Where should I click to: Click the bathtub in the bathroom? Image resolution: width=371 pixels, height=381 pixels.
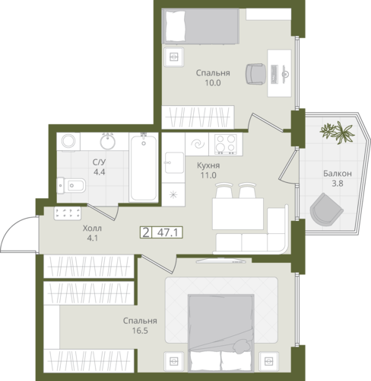tap(144, 168)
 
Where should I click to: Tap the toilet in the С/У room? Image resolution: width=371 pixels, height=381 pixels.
tap(71, 185)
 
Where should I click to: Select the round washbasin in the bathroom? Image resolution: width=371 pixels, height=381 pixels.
tap(108, 142)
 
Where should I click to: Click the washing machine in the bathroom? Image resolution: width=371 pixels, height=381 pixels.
tap(68, 142)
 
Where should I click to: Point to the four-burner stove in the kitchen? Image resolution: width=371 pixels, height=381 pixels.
tap(226, 144)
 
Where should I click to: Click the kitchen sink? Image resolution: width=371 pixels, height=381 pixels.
tap(174, 162)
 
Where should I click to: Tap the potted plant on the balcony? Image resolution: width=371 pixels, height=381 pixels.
tap(338, 133)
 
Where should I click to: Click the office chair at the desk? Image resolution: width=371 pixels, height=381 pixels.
tap(255, 74)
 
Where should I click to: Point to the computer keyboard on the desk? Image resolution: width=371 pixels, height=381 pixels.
tap(274, 74)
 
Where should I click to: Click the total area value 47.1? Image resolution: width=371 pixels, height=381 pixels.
tap(167, 232)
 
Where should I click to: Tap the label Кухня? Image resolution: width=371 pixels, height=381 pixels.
tap(208, 165)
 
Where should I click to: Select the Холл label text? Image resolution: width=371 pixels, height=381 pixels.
tap(92, 229)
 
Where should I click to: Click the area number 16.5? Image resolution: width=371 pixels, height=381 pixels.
tap(140, 331)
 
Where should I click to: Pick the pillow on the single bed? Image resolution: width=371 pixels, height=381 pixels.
tap(175, 26)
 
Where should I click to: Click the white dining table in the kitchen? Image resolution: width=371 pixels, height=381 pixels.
tap(238, 214)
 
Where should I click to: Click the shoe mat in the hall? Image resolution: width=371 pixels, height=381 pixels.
tap(68, 213)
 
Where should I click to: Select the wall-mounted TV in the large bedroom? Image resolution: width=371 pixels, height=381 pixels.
tap(220, 261)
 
